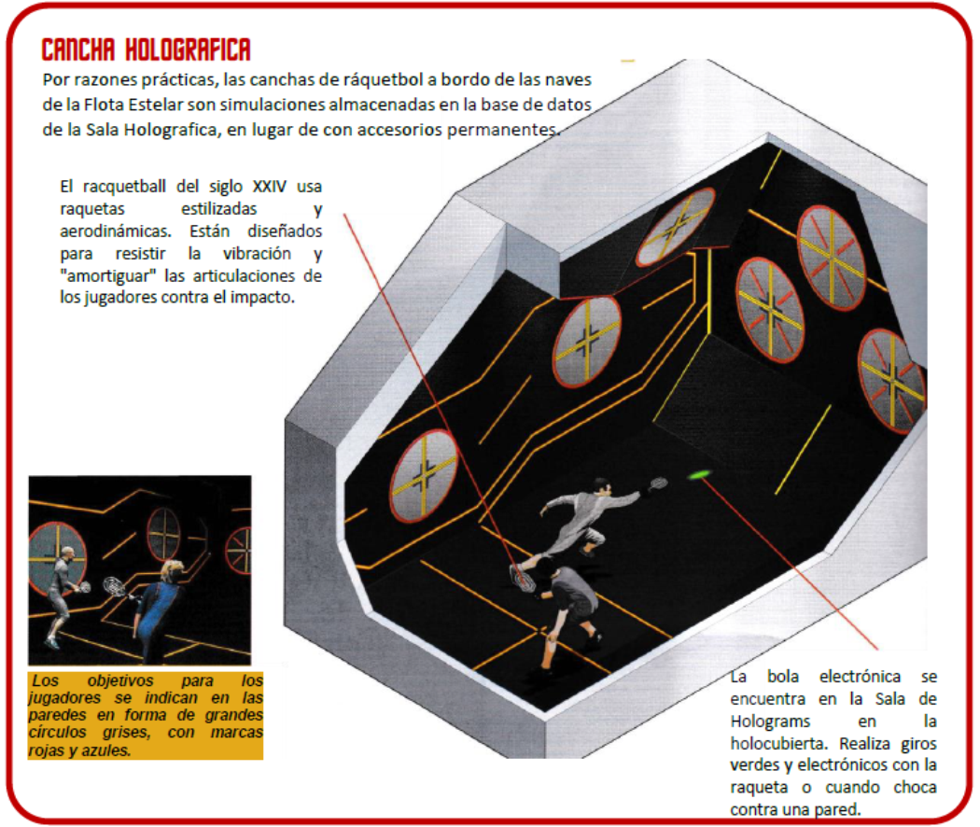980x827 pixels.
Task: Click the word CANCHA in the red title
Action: (x=78, y=50)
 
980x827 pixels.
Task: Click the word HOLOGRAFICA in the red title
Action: (x=189, y=50)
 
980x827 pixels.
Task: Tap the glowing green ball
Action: (x=699, y=476)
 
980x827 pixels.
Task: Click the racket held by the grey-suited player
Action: (x=658, y=484)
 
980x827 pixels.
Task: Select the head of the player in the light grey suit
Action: (x=601, y=487)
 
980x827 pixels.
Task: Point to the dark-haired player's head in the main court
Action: (x=546, y=568)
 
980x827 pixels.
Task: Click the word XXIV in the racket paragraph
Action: (x=270, y=187)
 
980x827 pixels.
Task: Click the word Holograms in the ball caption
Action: (x=770, y=722)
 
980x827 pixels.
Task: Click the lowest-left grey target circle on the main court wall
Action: (x=424, y=475)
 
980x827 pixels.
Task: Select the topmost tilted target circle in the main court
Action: (x=676, y=226)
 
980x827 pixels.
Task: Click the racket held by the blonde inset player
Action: (x=114, y=585)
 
